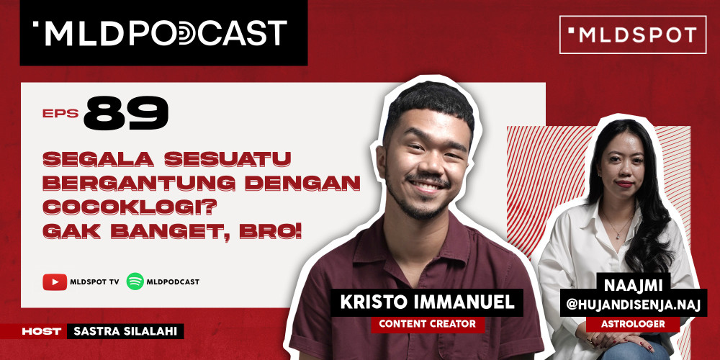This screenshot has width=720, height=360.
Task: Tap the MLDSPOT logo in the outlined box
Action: click(x=632, y=35)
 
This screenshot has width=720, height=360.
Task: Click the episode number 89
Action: click(x=126, y=114)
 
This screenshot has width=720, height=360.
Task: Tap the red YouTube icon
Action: click(x=55, y=282)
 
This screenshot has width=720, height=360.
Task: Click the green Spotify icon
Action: click(x=135, y=282)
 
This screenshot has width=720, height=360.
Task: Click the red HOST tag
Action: click(x=40, y=331)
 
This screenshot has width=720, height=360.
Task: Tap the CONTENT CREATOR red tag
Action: click(x=428, y=324)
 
